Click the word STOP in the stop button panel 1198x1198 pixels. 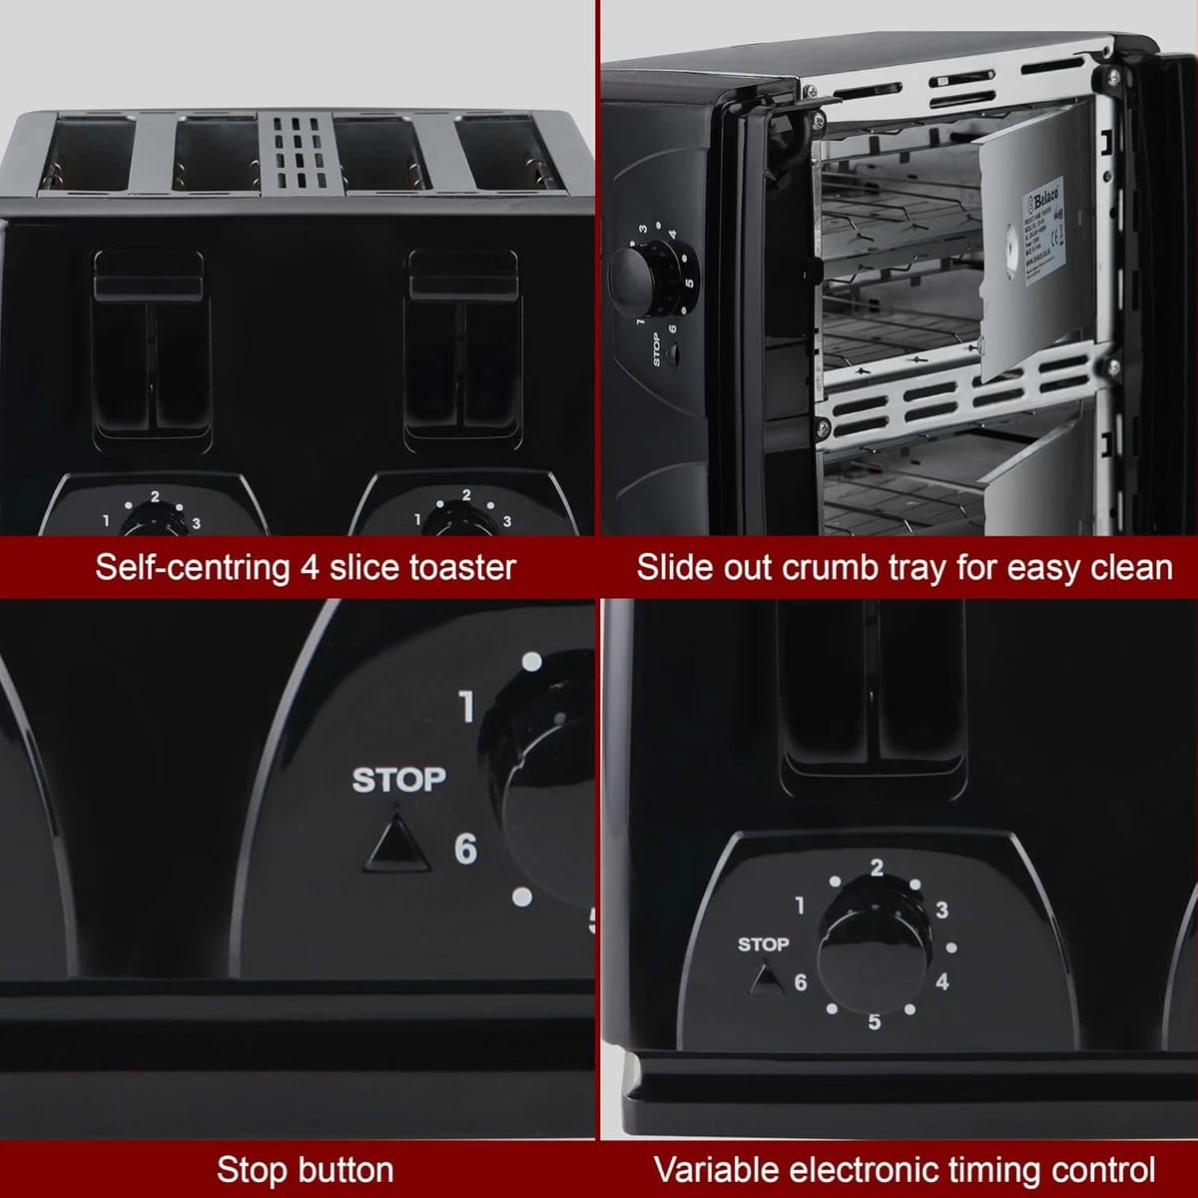click(398, 780)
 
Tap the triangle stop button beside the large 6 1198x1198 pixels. click(397, 843)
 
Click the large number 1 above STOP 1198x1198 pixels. click(466, 706)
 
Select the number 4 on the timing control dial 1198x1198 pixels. click(941, 981)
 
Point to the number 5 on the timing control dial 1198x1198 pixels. click(875, 1021)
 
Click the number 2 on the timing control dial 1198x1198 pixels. click(877, 868)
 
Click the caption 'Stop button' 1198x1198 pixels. click(304, 1169)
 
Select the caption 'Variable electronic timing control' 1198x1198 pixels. click(903, 1169)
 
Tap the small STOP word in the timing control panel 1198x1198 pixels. click(763, 943)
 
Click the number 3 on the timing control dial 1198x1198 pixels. click(940, 909)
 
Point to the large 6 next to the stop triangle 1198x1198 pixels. click(465, 850)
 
